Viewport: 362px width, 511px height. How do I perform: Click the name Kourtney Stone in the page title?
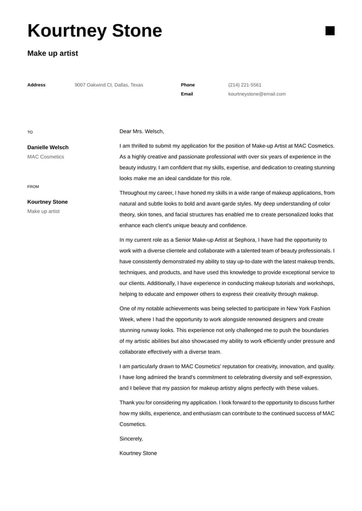(x=94, y=31)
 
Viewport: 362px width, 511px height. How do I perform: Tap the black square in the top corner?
(x=330, y=31)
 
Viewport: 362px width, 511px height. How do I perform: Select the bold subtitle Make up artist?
(x=53, y=53)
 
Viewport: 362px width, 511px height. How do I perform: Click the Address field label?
(x=37, y=85)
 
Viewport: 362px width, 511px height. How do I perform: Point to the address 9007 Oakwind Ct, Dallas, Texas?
(x=108, y=85)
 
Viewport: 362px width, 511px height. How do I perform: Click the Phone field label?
(x=188, y=85)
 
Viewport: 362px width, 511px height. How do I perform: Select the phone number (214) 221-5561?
(x=245, y=85)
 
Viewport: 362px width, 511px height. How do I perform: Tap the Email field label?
(x=187, y=94)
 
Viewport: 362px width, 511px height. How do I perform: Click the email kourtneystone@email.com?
(x=257, y=94)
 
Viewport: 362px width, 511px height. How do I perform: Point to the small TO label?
(x=30, y=132)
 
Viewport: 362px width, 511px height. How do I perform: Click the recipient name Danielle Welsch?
(x=48, y=147)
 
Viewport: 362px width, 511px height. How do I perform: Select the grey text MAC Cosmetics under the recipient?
(x=45, y=157)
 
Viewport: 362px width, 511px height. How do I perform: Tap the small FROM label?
(x=33, y=186)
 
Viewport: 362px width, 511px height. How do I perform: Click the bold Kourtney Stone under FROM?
(x=48, y=202)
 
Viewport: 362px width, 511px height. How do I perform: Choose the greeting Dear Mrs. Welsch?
(x=142, y=131)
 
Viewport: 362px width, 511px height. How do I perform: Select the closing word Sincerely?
(x=131, y=439)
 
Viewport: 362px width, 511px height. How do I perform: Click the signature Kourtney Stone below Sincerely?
(x=138, y=453)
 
